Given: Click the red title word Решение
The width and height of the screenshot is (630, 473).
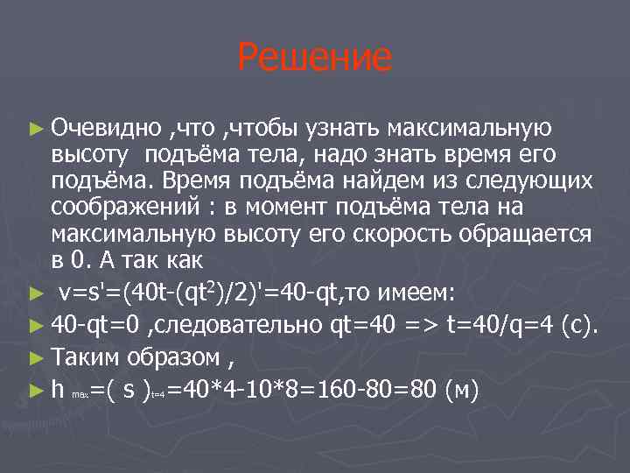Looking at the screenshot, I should click(315, 58).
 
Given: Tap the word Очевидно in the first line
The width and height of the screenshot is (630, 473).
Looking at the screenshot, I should click(105, 130).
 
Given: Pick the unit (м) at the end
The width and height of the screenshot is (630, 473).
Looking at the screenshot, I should click(461, 388).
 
